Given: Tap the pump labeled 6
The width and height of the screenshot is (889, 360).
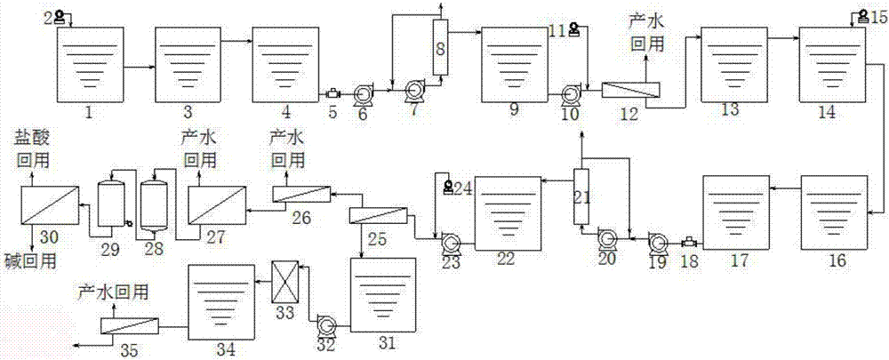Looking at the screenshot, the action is pos(361,93).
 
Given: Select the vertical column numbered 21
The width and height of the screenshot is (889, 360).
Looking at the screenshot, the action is pos(581,196).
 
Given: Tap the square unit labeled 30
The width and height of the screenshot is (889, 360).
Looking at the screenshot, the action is pos(49,205).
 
